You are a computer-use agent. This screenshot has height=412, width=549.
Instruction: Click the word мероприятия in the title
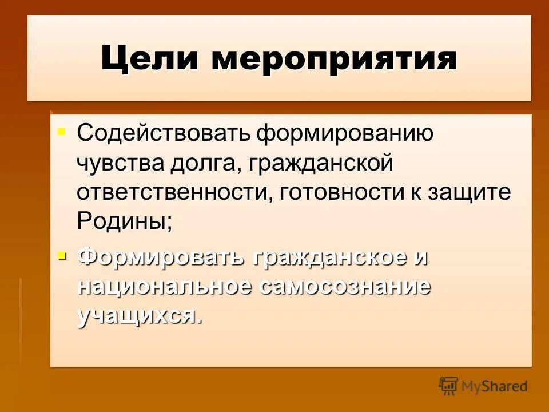pyautogui.click(x=335, y=60)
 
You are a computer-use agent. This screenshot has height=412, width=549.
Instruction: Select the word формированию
pyautogui.click(x=344, y=133)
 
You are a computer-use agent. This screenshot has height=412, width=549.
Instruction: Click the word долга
pyautogui.click(x=198, y=164)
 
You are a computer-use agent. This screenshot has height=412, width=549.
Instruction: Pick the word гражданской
pyautogui.click(x=314, y=164)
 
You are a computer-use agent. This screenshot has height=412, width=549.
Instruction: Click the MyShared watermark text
pyautogui.click(x=495, y=386)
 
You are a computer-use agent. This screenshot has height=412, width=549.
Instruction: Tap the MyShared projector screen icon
pyautogui.click(x=449, y=386)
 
